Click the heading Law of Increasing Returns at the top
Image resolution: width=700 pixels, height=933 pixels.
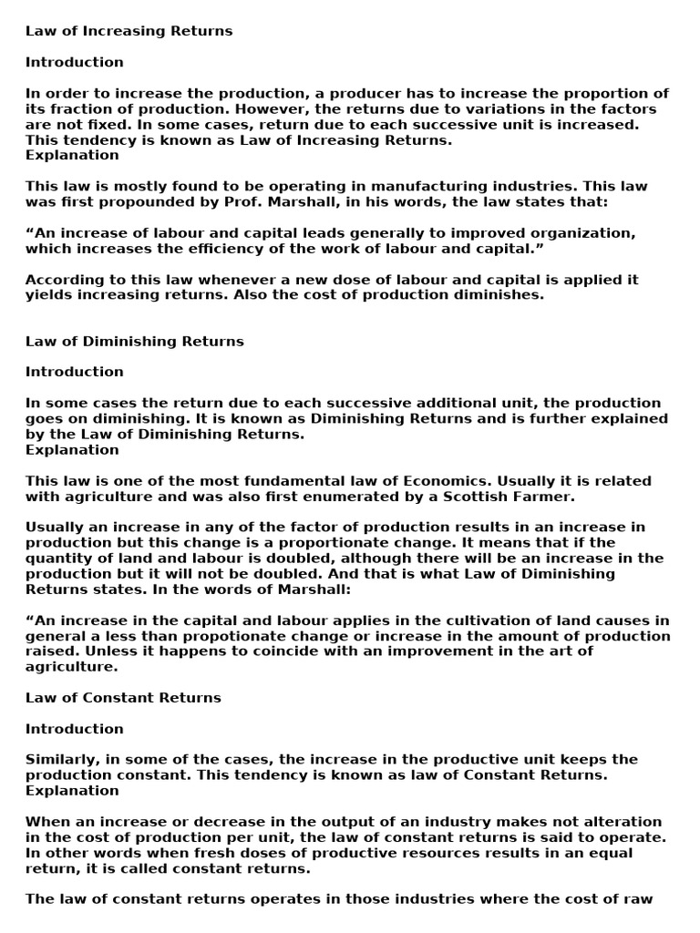click(129, 31)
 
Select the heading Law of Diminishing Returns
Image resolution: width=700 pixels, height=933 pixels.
click(135, 341)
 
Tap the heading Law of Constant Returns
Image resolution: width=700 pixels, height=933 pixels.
click(123, 698)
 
